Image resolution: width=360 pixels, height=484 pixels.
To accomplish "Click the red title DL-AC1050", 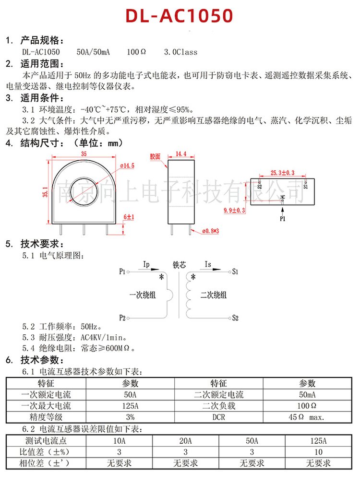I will coord(179,16).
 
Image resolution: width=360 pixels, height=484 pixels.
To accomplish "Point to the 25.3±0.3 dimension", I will coord(282,173).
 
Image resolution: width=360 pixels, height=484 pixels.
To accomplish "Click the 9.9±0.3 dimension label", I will coord(235,211).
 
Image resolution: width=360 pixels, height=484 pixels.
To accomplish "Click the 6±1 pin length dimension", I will coord(129,217).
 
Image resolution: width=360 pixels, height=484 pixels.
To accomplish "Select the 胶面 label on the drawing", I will coord(155,157).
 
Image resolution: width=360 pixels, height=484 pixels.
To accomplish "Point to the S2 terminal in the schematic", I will coord(235,318).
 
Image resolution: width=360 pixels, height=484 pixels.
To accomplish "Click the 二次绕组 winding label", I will coord(214,295).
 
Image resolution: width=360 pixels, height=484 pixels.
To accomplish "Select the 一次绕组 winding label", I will coord(143,295).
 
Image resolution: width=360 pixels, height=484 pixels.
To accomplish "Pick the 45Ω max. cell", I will coord(307,417).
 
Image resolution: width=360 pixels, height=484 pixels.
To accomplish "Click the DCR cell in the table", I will coord(218,417).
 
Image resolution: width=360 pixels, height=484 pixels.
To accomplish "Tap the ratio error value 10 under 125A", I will coord(318,452).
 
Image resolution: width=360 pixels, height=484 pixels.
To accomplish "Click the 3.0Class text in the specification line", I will coord(180,52).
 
